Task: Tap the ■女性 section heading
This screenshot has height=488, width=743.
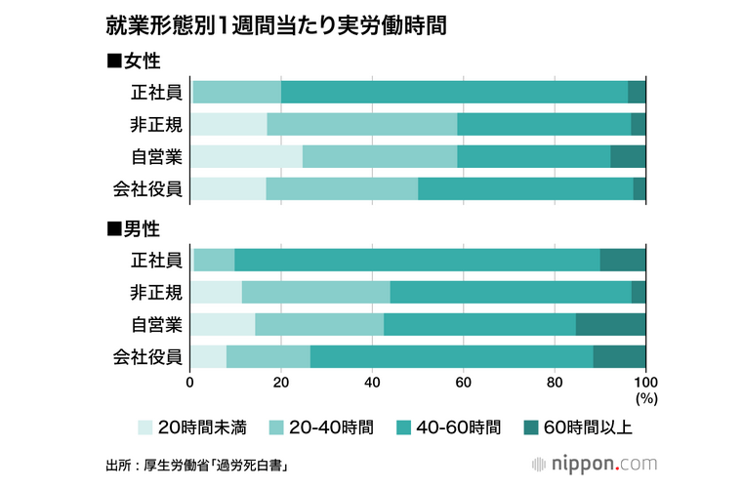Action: [133, 61]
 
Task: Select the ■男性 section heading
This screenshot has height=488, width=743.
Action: [133, 229]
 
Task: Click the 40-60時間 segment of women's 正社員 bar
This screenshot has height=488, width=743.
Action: [454, 93]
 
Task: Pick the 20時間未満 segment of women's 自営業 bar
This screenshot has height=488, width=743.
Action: [246, 156]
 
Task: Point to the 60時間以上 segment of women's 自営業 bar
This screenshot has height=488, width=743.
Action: [628, 156]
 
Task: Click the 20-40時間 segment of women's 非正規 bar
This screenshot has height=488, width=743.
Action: [361, 124]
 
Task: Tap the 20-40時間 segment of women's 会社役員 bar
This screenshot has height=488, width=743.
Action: [342, 188]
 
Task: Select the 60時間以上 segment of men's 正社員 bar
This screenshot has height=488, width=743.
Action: [623, 260]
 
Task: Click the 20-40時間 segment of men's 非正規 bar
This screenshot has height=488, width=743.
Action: [315, 292]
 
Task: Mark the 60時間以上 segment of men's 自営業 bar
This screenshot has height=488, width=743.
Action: [610, 324]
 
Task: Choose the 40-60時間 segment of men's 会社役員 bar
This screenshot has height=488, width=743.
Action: [451, 356]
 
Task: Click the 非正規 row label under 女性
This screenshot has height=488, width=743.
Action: [156, 124]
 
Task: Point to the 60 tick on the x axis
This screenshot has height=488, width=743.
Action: [464, 382]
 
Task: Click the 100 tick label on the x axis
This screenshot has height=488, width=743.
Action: [645, 382]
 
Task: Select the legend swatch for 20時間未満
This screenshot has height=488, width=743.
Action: [145, 427]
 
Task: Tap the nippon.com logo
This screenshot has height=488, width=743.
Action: [601, 462]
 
